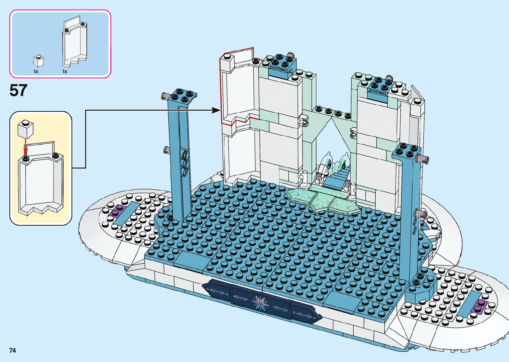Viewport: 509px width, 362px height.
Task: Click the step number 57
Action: (18, 90)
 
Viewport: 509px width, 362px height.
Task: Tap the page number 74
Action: (13, 350)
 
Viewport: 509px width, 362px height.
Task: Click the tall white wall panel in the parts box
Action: (75, 43)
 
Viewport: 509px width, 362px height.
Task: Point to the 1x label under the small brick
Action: (36, 71)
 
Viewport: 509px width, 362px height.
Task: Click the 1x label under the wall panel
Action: (65, 71)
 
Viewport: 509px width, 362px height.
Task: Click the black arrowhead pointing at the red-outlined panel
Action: (216, 110)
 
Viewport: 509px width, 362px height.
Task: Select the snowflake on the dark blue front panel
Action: (261, 303)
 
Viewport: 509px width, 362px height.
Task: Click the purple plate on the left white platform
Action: (118, 210)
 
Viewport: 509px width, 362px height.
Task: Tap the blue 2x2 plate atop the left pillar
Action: (183, 95)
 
